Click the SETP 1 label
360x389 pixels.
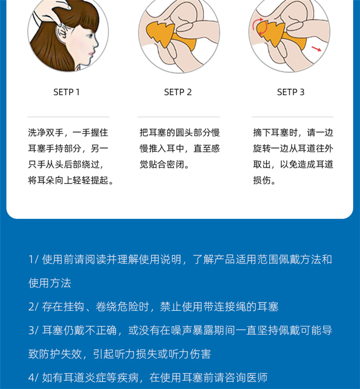click(66, 92)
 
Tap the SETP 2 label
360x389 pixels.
click(178, 92)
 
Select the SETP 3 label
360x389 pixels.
click(290, 92)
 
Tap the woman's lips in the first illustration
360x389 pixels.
click(92, 54)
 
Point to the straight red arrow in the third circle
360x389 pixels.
click(316, 48)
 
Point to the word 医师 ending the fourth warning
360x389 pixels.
click(257, 377)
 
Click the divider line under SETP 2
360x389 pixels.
click(179, 117)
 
